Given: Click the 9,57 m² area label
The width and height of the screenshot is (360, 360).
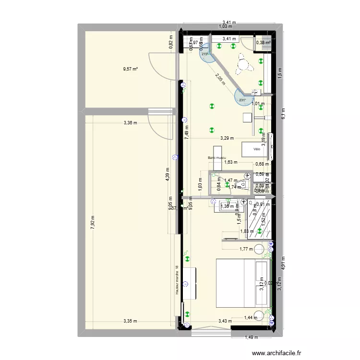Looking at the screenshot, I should point(130,69).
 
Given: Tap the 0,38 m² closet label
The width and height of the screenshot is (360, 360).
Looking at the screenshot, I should point(263,43).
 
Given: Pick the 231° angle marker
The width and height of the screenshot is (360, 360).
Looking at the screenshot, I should point(243,100).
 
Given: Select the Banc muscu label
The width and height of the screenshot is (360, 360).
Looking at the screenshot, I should point(217,157).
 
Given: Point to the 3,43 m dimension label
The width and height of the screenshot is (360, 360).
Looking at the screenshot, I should point(225,321).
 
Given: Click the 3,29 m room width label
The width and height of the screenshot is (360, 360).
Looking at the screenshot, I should point(227,138).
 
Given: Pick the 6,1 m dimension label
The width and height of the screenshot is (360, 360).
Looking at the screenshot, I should point(283,113).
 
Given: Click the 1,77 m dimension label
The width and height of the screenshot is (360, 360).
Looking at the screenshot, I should point(246,249).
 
